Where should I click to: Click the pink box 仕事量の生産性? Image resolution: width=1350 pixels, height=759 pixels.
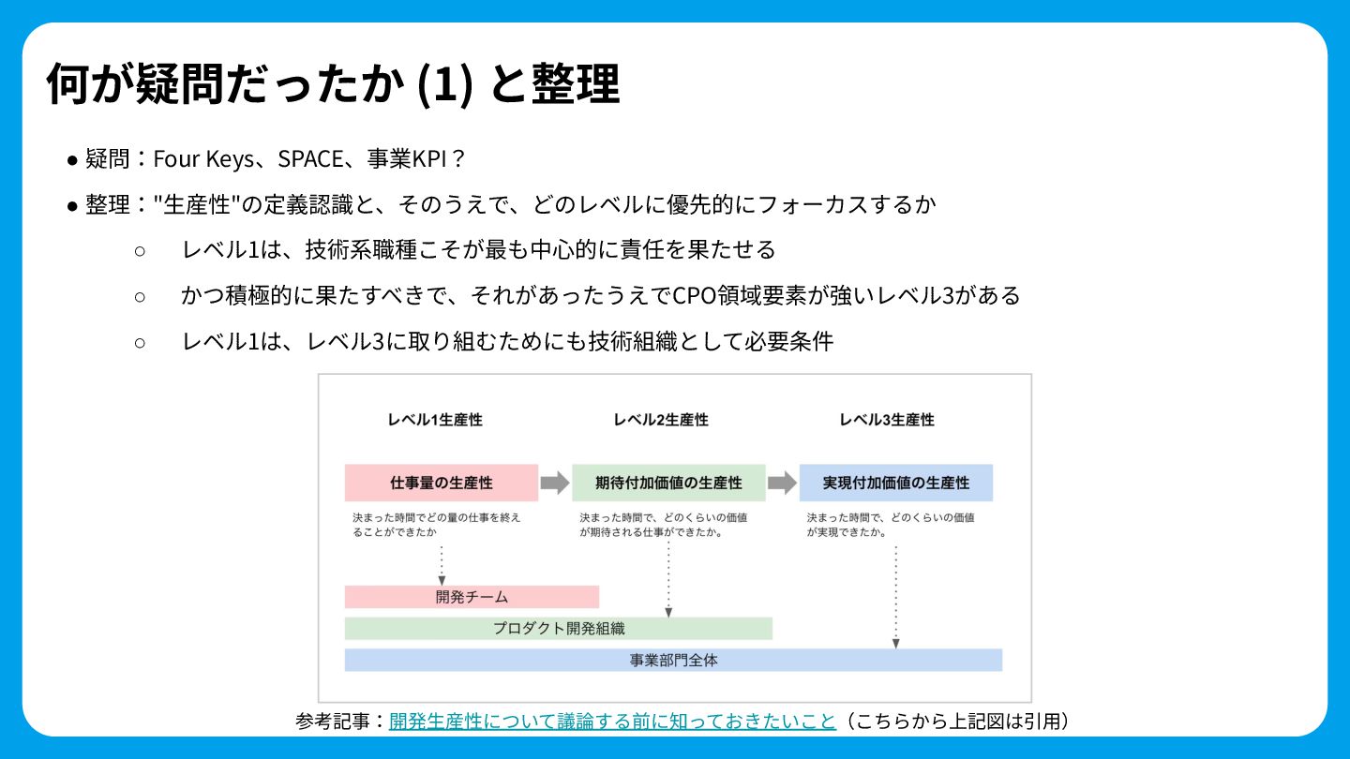click(x=442, y=483)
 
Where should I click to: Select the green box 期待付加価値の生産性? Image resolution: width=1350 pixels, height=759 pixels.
click(x=668, y=483)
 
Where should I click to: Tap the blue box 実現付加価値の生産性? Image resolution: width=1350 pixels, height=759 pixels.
click(x=895, y=483)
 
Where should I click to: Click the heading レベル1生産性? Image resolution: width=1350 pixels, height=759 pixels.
click(x=435, y=420)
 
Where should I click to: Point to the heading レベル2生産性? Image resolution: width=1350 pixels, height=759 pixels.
click(x=661, y=420)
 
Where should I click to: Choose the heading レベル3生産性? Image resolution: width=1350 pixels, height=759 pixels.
click(x=887, y=420)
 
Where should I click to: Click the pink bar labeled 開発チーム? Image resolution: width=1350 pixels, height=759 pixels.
click(x=472, y=597)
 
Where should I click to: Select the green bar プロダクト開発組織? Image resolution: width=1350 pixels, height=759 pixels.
click(x=559, y=629)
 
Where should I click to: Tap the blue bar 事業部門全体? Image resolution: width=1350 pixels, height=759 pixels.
click(x=673, y=660)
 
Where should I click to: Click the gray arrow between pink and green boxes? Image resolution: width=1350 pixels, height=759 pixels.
click(x=555, y=483)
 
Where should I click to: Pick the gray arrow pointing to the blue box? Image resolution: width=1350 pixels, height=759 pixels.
click(x=782, y=483)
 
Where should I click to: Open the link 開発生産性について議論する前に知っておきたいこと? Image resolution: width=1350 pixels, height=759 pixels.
click(x=612, y=721)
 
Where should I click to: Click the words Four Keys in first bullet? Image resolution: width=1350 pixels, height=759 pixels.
click(x=202, y=158)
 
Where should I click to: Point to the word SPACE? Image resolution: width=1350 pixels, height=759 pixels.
click(x=311, y=158)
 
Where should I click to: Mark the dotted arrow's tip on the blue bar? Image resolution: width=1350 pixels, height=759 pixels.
click(x=896, y=644)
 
